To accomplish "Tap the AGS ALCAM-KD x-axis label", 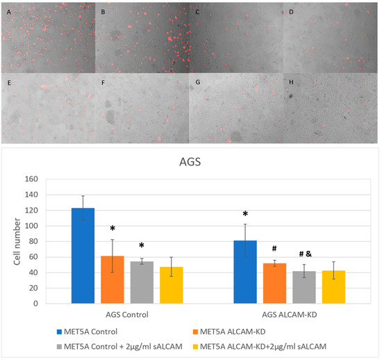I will tap(288, 315).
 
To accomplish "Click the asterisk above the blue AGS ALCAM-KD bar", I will tap(244, 214).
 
